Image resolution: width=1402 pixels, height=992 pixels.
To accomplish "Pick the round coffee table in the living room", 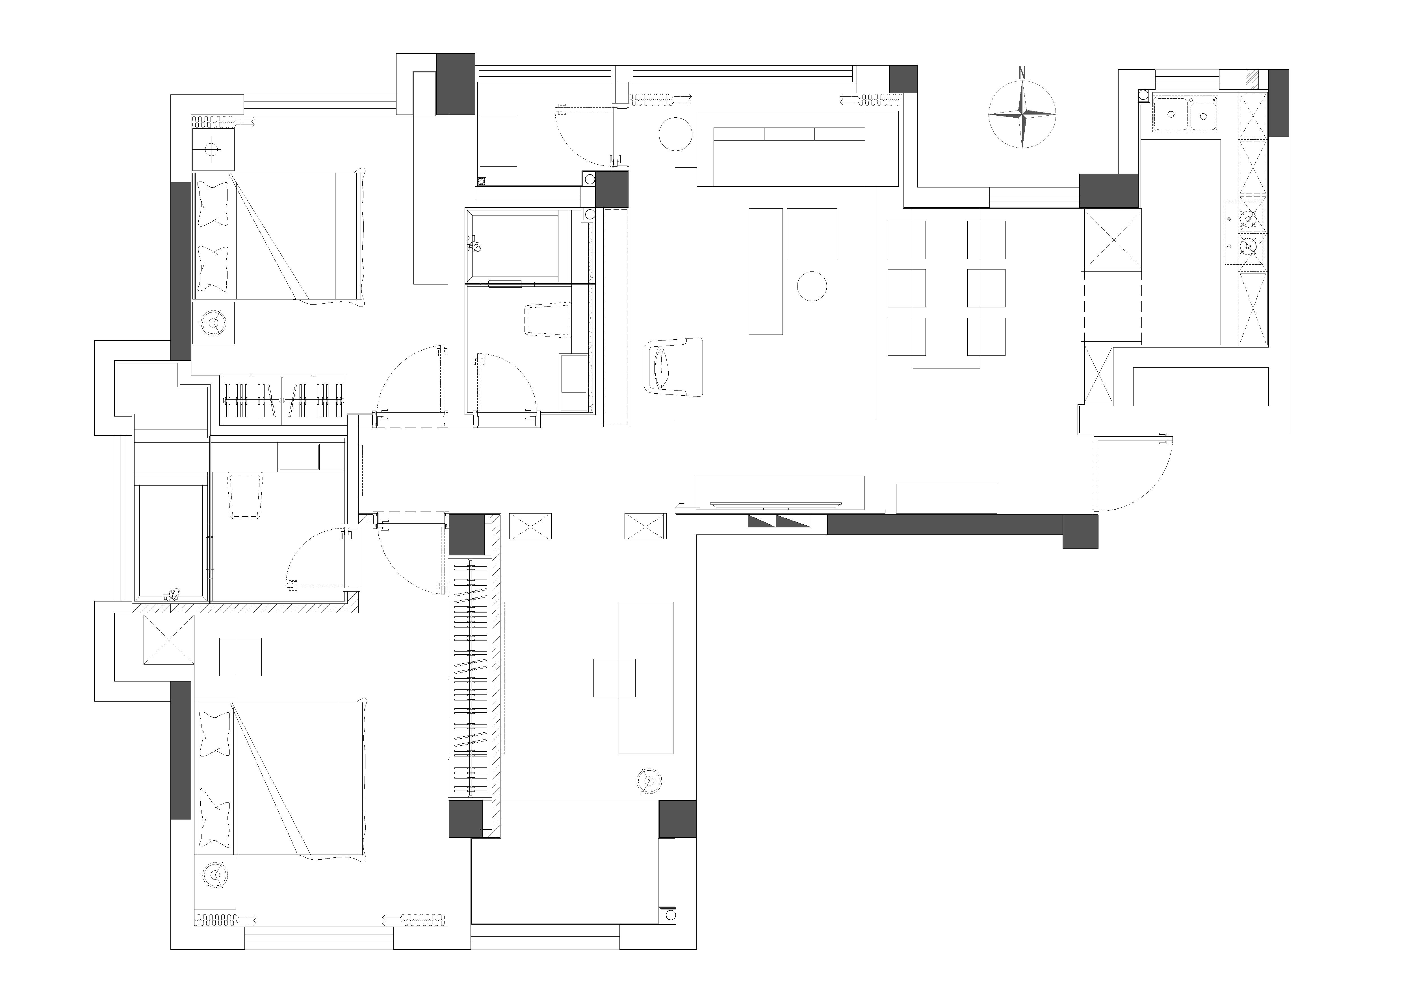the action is coord(812,286).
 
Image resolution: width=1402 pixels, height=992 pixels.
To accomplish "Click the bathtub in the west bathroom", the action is coord(171,541).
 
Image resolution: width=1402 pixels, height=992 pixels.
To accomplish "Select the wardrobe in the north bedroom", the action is coord(283,400).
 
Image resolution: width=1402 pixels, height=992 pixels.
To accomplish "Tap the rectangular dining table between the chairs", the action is coord(946,287).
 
